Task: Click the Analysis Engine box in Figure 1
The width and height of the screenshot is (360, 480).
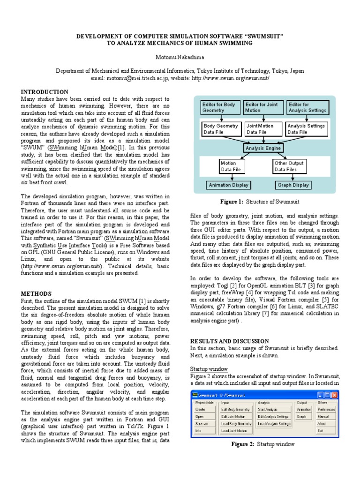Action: pyautogui.click(x=264, y=148)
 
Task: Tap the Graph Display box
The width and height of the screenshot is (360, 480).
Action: pyautogui.click(x=293, y=185)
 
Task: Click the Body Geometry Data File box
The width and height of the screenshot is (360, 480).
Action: pyautogui.click(x=220, y=129)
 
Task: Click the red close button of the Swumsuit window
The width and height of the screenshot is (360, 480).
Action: pyautogui.click(x=334, y=395)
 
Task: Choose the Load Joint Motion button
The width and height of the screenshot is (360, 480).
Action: pyautogui.click(x=234, y=430)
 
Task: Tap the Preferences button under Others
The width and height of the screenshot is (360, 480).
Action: pyautogui.click(x=326, y=409)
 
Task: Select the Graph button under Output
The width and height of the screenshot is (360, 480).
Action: pyautogui.click(x=301, y=416)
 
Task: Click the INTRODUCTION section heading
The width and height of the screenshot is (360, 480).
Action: pyautogui.click(x=45, y=92)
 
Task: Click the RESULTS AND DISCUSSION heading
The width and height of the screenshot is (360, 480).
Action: pyautogui.click(x=229, y=341)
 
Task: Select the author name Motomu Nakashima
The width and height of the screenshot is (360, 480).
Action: pyautogui.click(x=180, y=57)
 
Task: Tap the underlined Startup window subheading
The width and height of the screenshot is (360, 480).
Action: pyautogui.click(x=209, y=369)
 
